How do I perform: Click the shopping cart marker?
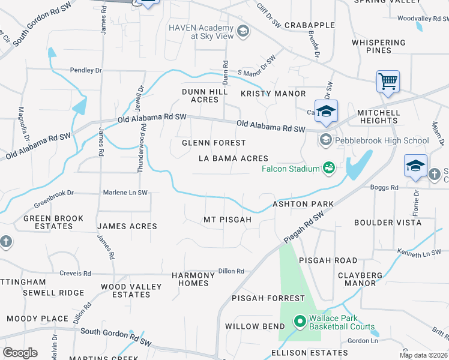pyautogui.click(x=388, y=81)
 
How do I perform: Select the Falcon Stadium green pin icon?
pyautogui.click(x=329, y=168)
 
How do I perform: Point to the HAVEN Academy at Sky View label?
pyautogui.click(x=200, y=32)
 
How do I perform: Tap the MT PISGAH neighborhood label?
pyautogui.click(x=228, y=220)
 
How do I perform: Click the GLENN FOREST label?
pyautogui.click(x=214, y=143)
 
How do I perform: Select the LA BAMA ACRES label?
pyautogui.click(x=234, y=158)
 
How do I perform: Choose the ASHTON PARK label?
pyautogui.click(x=303, y=204)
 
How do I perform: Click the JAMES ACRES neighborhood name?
pyautogui.click(x=127, y=226)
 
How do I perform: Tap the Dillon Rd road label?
pyautogui.click(x=231, y=271)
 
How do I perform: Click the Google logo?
pyautogui.click(x=20, y=353)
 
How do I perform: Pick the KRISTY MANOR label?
pyautogui.click(x=273, y=94)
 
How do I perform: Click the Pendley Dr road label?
pyautogui.click(x=86, y=70)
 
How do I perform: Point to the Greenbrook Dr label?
pyautogui.click(x=53, y=193)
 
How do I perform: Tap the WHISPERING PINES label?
pyautogui.click(x=379, y=46)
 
